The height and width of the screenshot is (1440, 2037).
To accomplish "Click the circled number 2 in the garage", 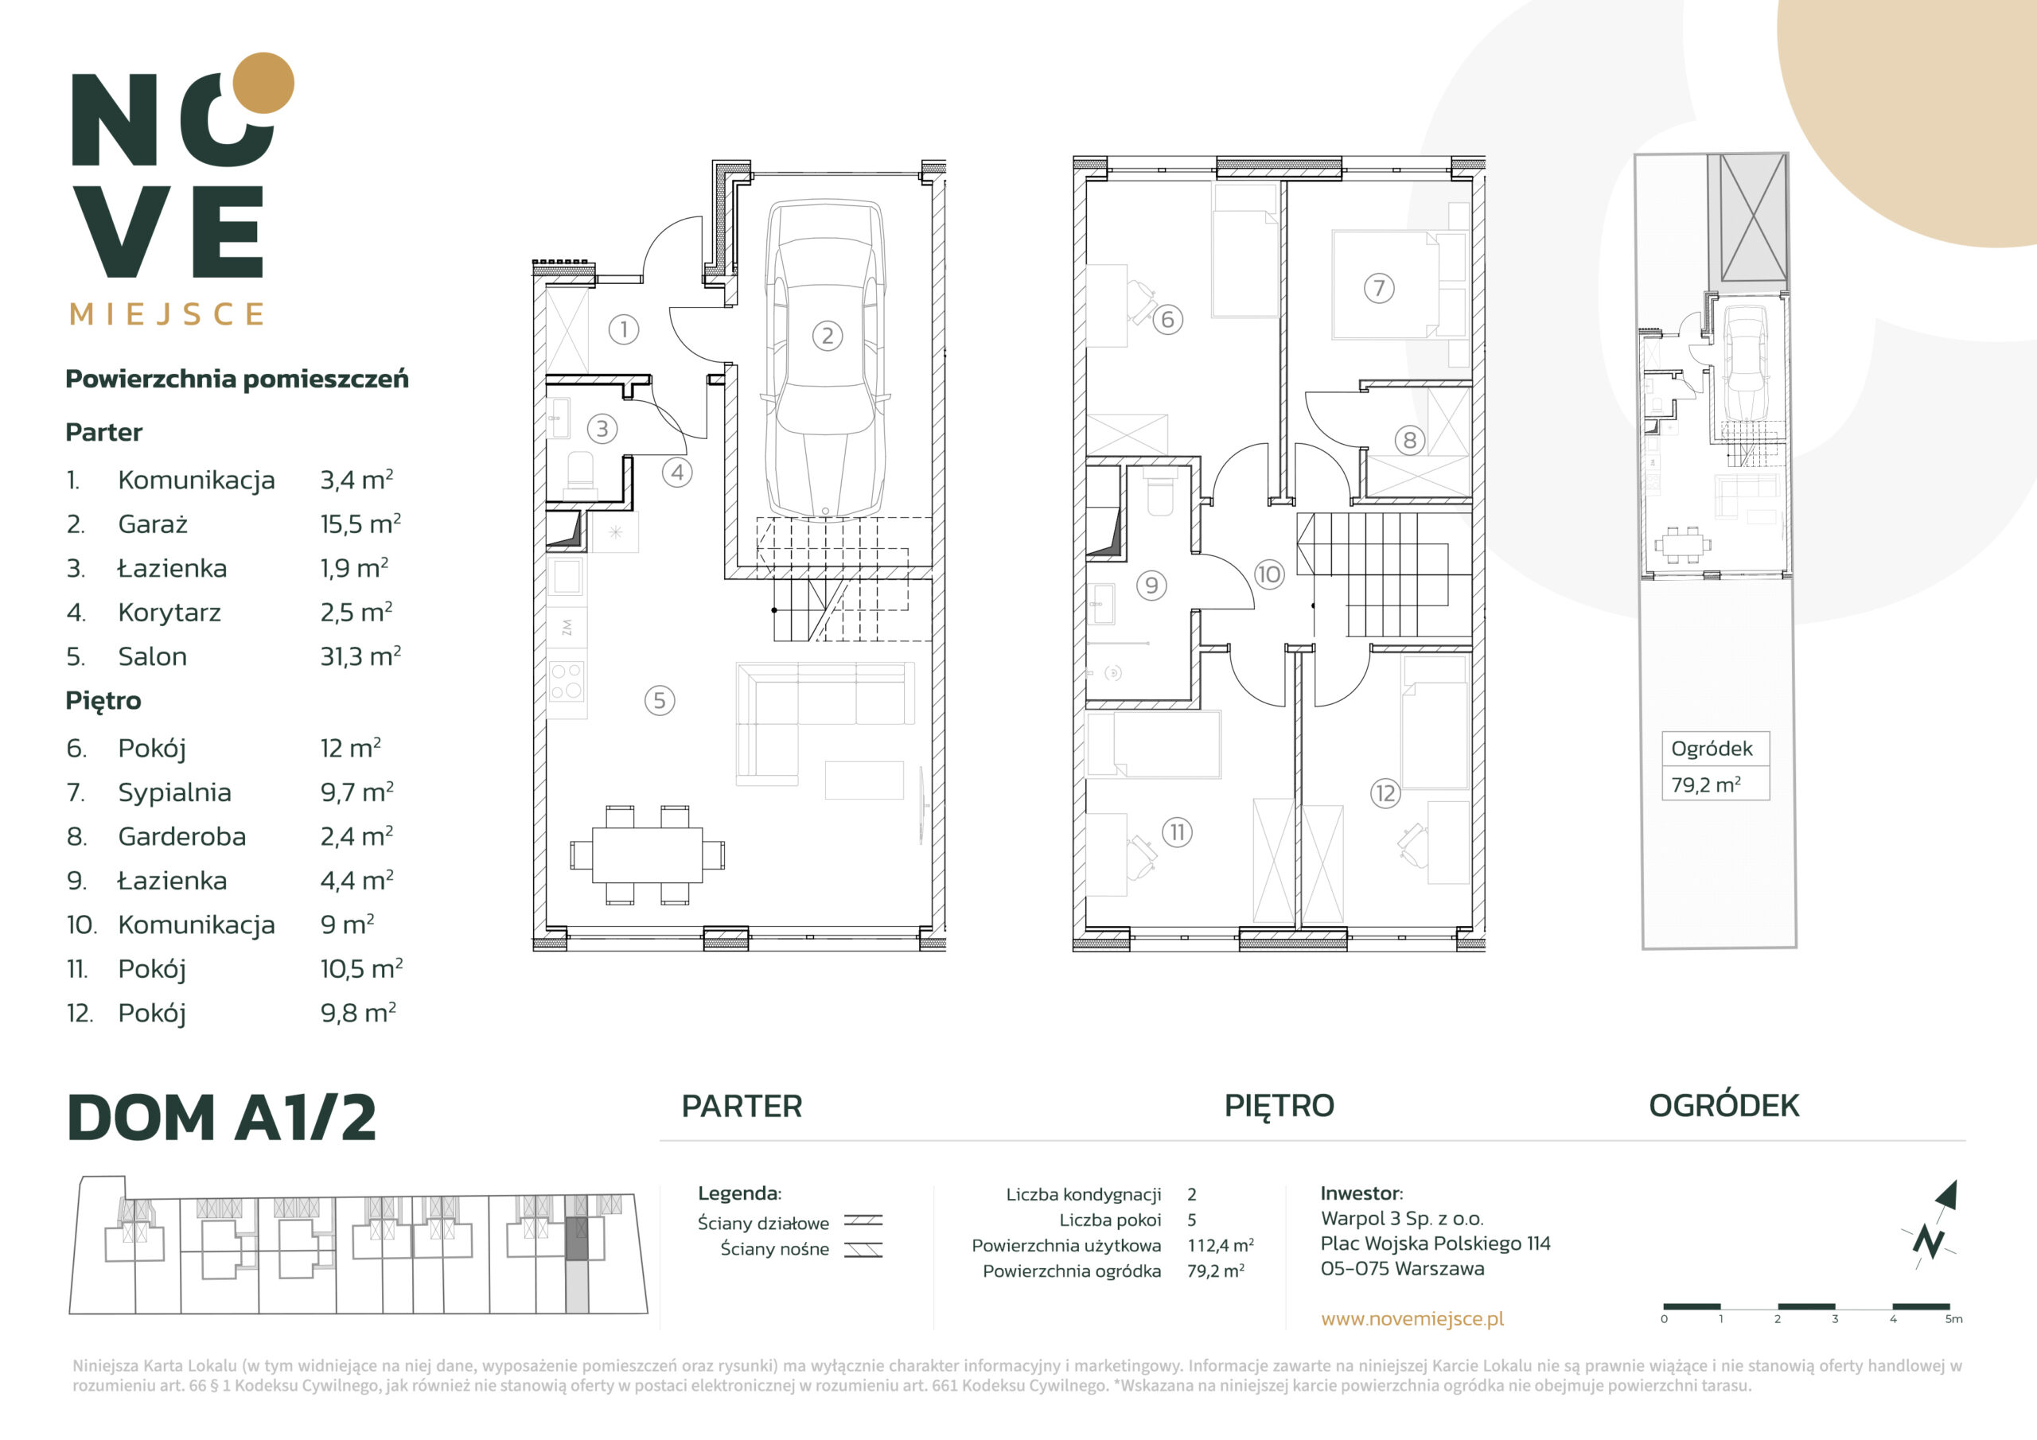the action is (827, 336).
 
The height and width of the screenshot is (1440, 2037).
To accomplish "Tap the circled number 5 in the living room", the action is (659, 700).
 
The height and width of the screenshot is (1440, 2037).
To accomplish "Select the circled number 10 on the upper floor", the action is (1268, 574).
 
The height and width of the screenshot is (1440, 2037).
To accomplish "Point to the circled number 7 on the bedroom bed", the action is (1379, 287).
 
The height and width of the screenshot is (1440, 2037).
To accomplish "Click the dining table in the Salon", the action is (648, 854).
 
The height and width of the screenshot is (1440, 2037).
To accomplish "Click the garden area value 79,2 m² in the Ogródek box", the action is (1705, 784).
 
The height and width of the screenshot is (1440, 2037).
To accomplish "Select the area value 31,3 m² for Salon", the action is (360, 656).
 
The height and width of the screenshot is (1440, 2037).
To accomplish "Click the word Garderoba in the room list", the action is (182, 837).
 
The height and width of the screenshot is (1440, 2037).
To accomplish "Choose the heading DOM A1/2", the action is (222, 1117).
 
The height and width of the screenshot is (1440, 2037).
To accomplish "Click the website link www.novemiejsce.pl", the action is (1412, 1318).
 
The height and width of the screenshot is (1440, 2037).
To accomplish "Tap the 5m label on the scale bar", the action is (1953, 1319).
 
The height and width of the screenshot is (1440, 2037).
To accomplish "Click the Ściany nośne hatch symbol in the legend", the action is (863, 1250).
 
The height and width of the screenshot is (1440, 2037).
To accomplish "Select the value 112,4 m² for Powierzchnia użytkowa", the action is (1221, 1246).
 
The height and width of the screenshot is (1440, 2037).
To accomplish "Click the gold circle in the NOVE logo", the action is (263, 83).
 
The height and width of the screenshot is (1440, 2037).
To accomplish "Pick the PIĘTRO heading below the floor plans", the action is (1279, 1106).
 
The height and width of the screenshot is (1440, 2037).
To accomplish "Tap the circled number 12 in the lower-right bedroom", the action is (1385, 793).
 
